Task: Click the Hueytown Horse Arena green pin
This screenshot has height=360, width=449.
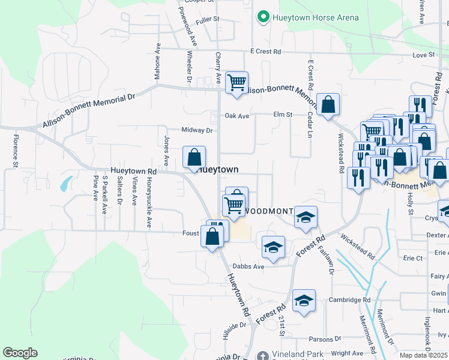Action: [x=262, y=17]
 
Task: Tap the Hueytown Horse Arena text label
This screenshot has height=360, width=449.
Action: [x=315, y=17]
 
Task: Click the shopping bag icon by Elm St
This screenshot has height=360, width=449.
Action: [x=328, y=104]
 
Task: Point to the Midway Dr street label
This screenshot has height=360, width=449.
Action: [x=197, y=130]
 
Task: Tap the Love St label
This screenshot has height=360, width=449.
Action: [x=423, y=55]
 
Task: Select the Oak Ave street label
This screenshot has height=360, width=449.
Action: [x=237, y=115]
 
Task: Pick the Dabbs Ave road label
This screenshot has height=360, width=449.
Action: [x=249, y=266]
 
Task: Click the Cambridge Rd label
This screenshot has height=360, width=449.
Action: [x=349, y=300]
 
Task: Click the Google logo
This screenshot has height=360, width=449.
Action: [x=20, y=353]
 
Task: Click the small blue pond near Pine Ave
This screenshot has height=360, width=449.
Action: [x=65, y=183]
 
